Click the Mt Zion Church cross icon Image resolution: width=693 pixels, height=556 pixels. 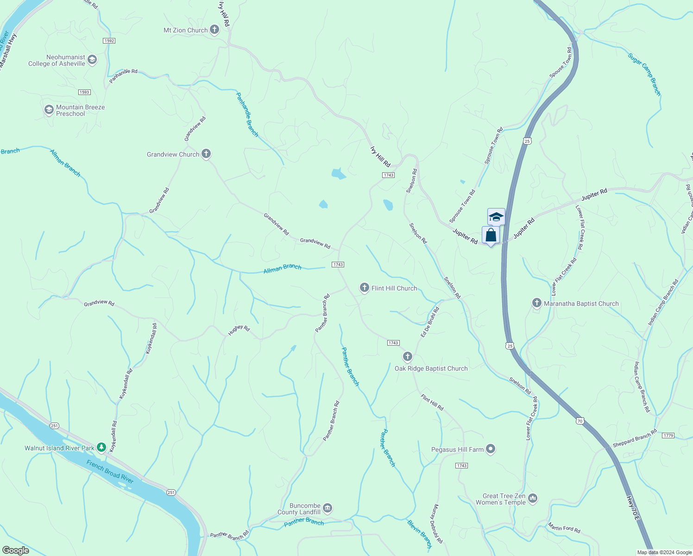point(214,30)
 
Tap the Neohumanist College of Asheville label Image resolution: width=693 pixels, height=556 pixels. point(57,61)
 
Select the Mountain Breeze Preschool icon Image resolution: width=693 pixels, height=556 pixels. point(49,110)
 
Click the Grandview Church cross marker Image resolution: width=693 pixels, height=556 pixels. point(206,154)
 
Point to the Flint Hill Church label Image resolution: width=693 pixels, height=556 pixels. point(394,288)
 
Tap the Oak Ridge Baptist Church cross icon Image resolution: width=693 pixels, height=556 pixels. point(408,356)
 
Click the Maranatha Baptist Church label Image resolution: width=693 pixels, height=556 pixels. point(581,304)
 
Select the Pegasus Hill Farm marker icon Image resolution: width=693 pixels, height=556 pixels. point(491,449)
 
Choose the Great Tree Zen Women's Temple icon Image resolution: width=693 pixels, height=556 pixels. point(533,499)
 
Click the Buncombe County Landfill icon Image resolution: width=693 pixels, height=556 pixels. point(328,508)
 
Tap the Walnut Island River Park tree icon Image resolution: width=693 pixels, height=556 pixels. point(101,448)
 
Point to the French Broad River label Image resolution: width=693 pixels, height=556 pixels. point(110,472)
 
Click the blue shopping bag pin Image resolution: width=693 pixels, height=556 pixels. point(491,235)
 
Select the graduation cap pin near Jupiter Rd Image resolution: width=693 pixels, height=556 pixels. point(496,216)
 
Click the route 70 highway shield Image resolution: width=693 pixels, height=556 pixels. point(580,421)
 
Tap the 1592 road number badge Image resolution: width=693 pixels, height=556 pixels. point(109,41)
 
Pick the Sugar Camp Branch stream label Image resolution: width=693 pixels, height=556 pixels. point(644,74)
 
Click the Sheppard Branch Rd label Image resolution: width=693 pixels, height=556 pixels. point(635,438)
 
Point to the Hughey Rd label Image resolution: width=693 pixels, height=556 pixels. point(239,330)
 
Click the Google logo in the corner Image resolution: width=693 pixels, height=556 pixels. point(15,550)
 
